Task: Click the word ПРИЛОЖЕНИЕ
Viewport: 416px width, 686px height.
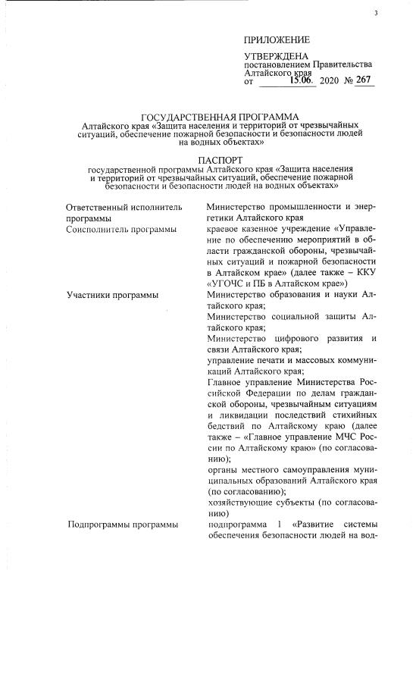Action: (x=277, y=39)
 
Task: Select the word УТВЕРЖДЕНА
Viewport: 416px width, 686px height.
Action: (x=277, y=57)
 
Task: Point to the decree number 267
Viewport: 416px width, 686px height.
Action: (x=365, y=80)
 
